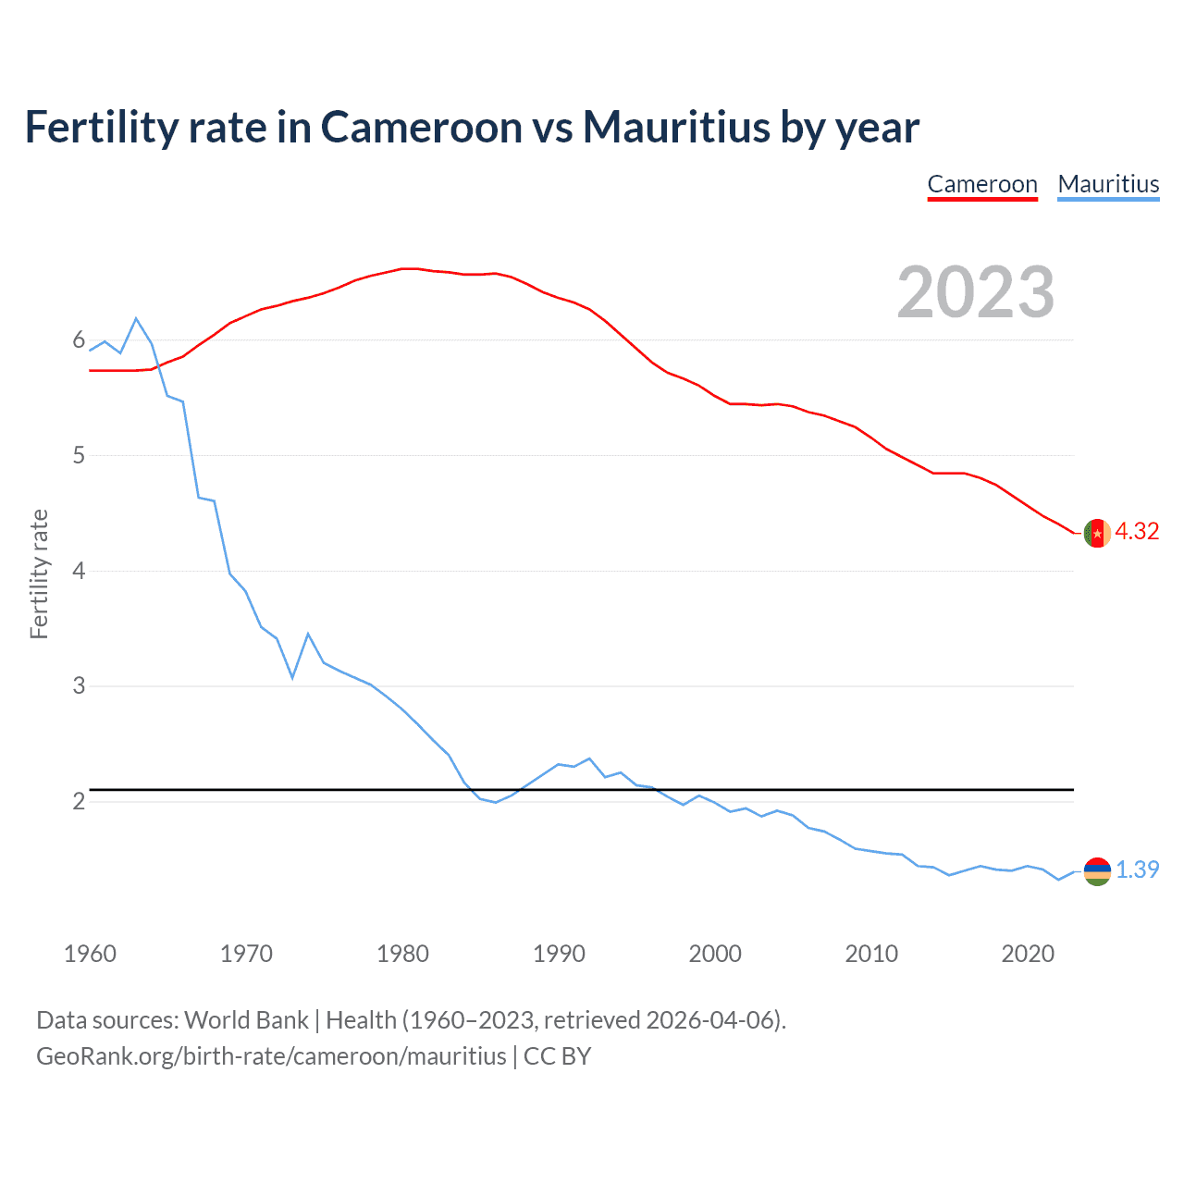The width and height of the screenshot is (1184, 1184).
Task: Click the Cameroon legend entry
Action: (x=982, y=184)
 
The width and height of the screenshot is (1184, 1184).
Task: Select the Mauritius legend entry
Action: (x=1108, y=184)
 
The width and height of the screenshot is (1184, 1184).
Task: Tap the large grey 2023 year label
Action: (x=976, y=292)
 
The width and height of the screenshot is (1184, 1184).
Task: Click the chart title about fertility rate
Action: (x=472, y=127)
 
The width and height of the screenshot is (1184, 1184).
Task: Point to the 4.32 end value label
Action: (x=1137, y=531)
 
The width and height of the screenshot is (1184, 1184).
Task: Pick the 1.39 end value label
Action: (x=1137, y=869)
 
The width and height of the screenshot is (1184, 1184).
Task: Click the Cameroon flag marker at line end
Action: (x=1097, y=534)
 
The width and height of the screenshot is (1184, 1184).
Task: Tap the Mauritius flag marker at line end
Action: (x=1097, y=871)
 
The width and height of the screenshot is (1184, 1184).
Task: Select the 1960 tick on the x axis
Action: (x=90, y=954)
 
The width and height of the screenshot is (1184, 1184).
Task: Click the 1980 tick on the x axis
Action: (x=402, y=954)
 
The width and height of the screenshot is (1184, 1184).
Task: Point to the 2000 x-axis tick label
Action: (x=715, y=954)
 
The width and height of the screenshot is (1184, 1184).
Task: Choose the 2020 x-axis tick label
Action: (x=1028, y=954)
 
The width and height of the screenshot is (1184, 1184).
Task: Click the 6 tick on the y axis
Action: (x=79, y=340)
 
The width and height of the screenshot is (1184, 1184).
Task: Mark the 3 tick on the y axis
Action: (x=79, y=685)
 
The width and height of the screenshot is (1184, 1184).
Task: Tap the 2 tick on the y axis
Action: (x=79, y=801)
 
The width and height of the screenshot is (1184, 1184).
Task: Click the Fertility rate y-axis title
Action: (x=39, y=573)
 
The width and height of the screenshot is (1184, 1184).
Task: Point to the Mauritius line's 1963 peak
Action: (x=136, y=318)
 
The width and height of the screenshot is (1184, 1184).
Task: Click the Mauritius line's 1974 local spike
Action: (x=308, y=634)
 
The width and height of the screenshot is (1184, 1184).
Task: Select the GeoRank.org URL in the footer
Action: (x=271, y=1056)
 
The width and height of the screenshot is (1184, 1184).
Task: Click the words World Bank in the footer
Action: (x=246, y=1020)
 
